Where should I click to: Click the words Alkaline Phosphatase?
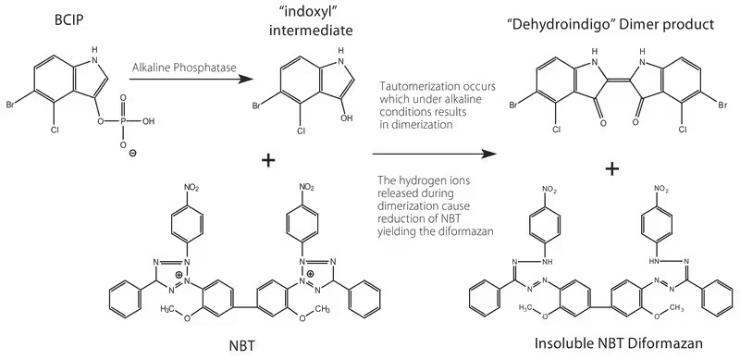(184, 68)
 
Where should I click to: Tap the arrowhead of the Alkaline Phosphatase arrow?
(246, 79)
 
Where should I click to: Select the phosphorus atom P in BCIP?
(124, 121)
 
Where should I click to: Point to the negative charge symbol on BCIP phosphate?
(133, 153)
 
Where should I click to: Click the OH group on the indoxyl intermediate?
(347, 118)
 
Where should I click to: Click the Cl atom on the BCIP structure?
(55, 127)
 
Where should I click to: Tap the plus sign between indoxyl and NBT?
(268, 161)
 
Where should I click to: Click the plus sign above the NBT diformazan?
(611, 168)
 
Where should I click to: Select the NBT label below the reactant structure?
(242, 346)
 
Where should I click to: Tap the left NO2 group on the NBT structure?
(191, 188)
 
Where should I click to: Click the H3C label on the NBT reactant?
(169, 309)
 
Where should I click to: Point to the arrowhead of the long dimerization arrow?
(488, 154)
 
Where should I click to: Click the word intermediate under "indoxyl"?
(311, 31)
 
